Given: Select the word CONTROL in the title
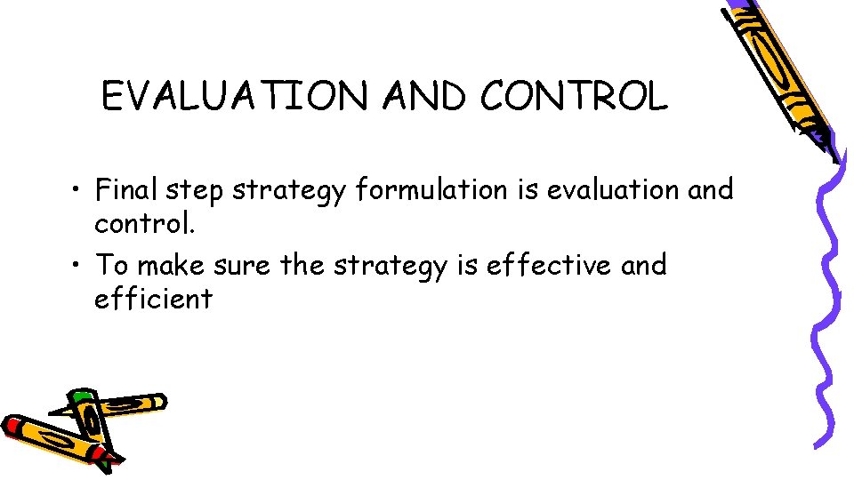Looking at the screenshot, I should point(574,96).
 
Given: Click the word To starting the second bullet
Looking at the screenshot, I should point(111,264).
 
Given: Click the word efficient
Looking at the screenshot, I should point(153,299).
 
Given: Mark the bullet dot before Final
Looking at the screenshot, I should point(79,190).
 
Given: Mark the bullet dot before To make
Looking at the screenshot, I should point(79,266).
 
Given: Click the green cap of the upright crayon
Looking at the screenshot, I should point(82,396).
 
